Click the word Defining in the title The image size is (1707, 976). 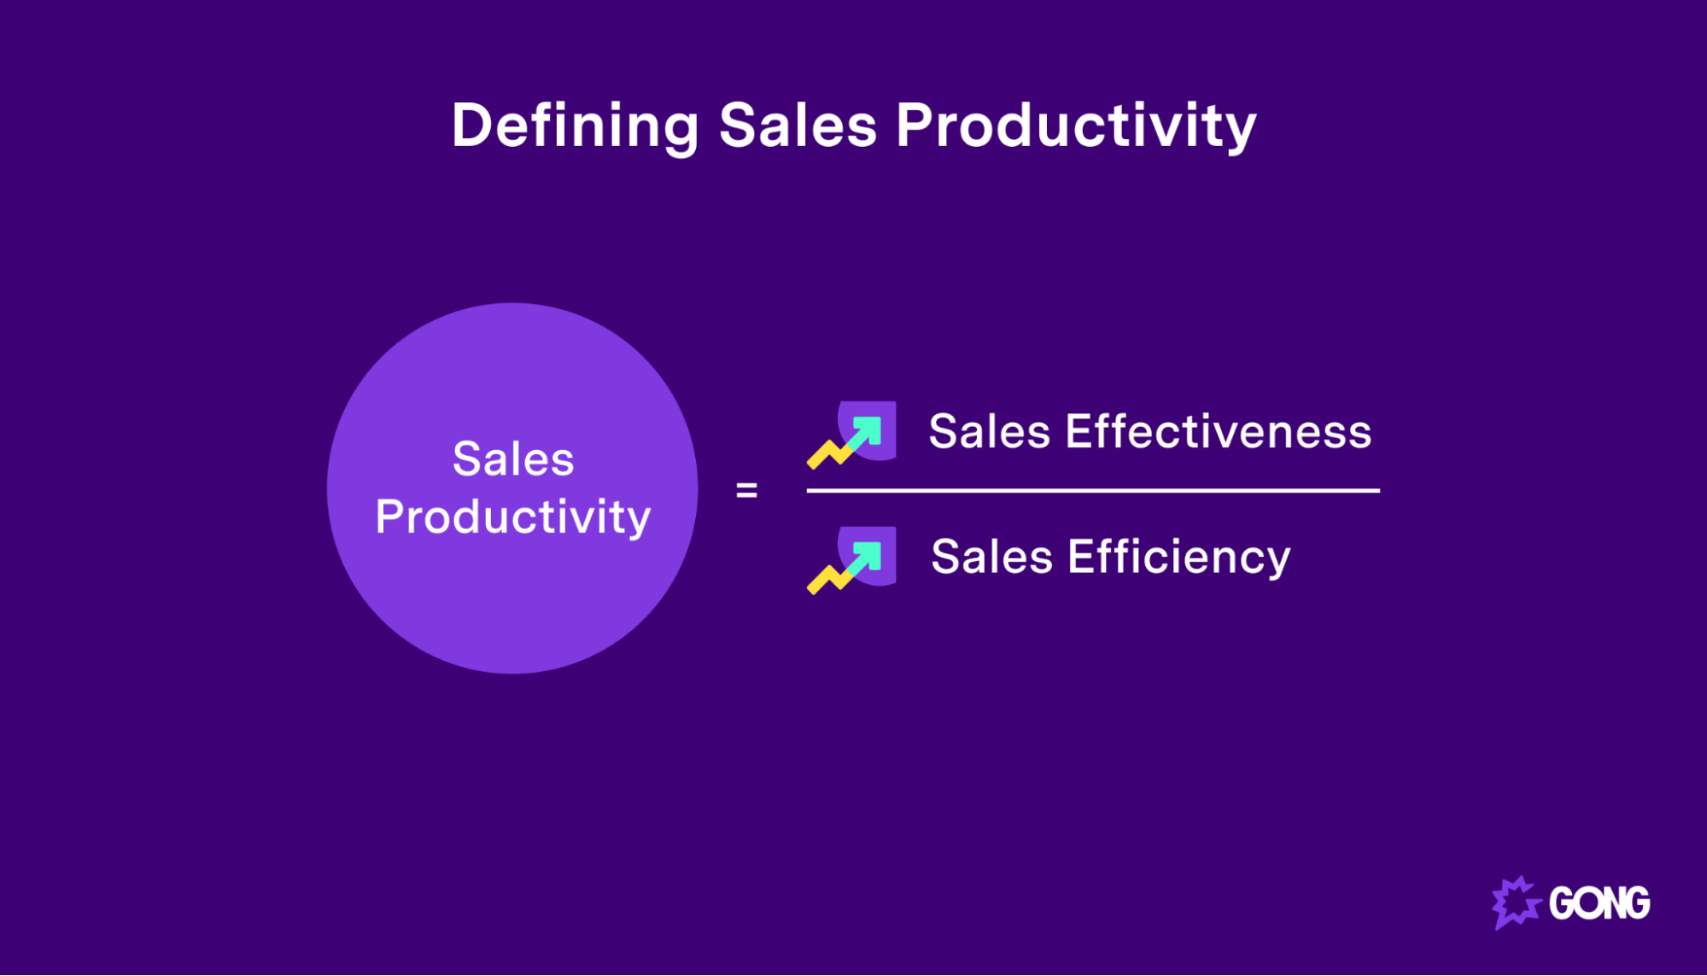(x=575, y=126)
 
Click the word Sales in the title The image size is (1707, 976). (x=798, y=126)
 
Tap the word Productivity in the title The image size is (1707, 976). (x=1076, y=126)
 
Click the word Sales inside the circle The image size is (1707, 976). (x=513, y=459)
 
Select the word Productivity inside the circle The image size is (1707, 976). (x=513, y=517)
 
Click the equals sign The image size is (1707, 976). (x=746, y=490)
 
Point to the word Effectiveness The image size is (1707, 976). (x=1218, y=431)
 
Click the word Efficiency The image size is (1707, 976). (x=1178, y=558)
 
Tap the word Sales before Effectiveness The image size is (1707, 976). (x=989, y=431)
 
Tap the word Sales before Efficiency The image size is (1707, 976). (x=991, y=558)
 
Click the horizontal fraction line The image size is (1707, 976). (x=1093, y=490)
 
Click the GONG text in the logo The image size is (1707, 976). (x=1599, y=903)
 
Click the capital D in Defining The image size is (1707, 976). (x=472, y=126)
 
